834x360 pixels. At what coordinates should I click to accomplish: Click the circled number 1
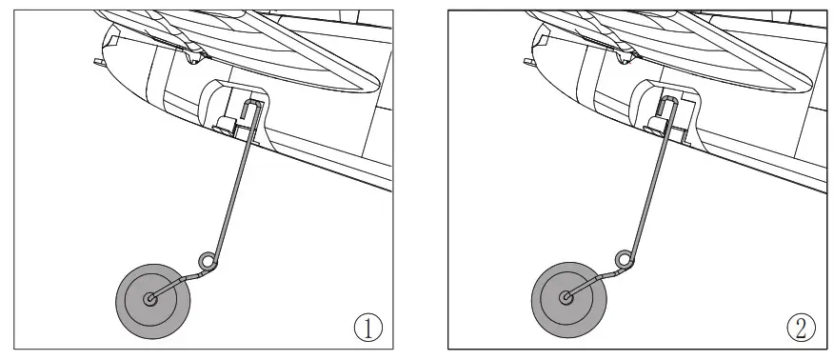[368, 327]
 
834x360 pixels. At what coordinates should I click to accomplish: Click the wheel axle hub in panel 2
[567, 298]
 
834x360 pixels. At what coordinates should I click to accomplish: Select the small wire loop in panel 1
[207, 259]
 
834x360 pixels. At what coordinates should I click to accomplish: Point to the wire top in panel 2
[669, 105]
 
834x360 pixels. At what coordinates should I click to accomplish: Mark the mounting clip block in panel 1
[226, 125]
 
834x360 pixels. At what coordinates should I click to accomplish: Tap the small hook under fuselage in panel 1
[196, 58]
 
